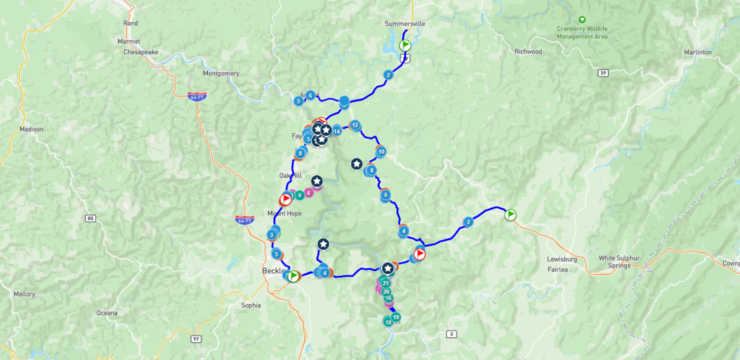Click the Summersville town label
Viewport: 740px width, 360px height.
404,24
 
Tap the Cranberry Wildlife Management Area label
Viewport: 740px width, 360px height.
582,33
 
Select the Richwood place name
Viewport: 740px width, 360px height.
528,52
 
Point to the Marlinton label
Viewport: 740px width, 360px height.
697,52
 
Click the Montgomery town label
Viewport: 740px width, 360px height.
221,74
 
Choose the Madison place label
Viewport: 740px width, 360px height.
32,130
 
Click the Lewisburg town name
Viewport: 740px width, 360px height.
562,260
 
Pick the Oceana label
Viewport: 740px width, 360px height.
107,313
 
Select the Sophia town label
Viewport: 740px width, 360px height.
251,305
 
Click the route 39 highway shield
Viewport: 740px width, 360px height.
602,73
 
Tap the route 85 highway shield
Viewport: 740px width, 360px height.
90,218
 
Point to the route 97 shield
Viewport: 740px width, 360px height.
195,339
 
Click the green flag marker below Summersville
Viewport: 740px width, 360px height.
405,45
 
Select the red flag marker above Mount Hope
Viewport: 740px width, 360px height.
286,199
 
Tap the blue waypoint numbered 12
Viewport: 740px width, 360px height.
354,125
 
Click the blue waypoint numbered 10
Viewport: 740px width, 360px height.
381,152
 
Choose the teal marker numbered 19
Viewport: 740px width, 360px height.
396,317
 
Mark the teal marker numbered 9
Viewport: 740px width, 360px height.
299,195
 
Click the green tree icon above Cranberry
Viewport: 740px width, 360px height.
582,20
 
